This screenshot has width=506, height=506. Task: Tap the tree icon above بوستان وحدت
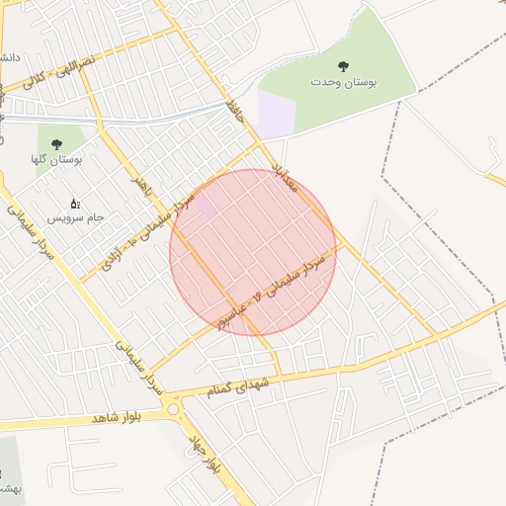click(343, 66)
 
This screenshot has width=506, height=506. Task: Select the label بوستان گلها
click(58, 159)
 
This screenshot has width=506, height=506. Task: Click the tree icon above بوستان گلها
click(56, 143)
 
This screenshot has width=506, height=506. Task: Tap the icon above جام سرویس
click(75, 203)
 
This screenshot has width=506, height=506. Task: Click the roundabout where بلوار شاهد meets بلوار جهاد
click(174, 407)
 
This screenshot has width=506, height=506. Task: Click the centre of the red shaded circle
click(253, 252)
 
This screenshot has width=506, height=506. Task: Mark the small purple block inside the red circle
click(208, 209)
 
